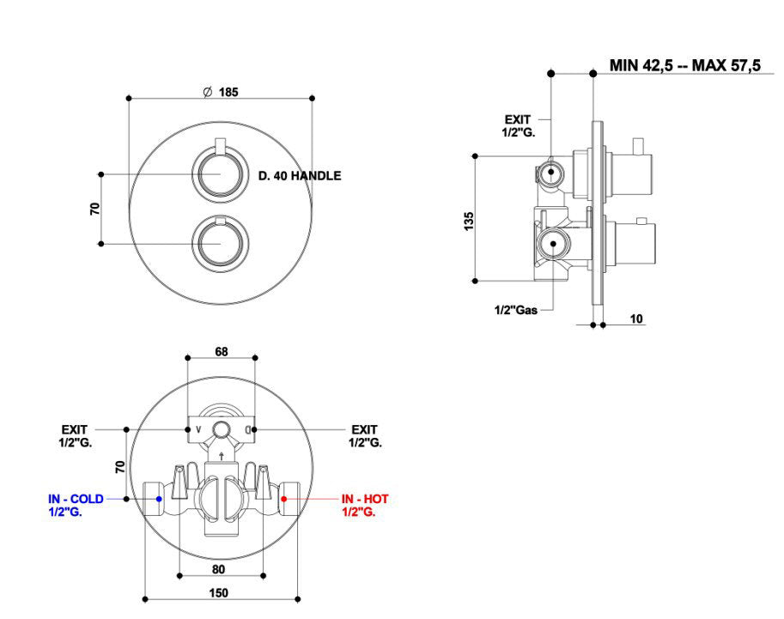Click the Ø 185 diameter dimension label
point(221,92)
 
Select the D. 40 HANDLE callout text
point(300,176)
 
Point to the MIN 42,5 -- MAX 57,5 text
point(684,65)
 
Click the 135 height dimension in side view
point(468,220)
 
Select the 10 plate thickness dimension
point(636,319)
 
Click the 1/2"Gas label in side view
point(515,310)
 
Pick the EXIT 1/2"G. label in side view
point(517,125)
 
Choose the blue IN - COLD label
point(76,505)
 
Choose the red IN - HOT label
point(365,505)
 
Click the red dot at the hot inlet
point(287,498)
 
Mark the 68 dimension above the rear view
point(222,352)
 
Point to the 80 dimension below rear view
point(218,568)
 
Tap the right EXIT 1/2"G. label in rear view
point(365,435)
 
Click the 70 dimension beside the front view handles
point(95,209)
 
